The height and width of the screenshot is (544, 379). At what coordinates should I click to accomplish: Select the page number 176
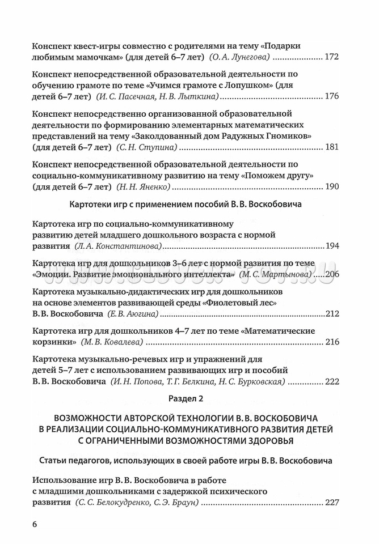[331, 96]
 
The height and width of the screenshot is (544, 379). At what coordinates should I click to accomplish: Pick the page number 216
[331, 342]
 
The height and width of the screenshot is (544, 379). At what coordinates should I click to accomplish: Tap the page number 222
[331, 381]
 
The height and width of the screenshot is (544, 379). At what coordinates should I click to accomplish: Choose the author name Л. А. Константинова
[119, 246]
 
